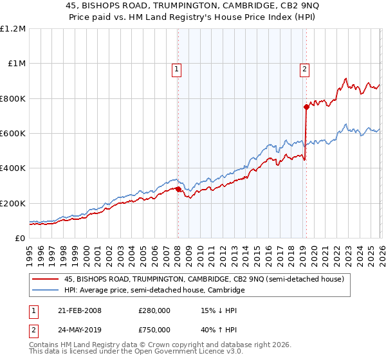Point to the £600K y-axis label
click(x=13, y=134)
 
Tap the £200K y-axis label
click(x=13, y=203)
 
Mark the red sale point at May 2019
click(x=306, y=107)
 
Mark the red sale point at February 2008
click(x=178, y=189)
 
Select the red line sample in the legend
click(x=46, y=280)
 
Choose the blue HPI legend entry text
click(x=154, y=291)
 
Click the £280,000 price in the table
click(x=154, y=310)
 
